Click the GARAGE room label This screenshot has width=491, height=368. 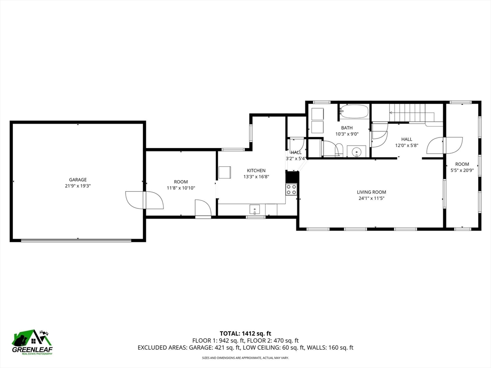point(78,180)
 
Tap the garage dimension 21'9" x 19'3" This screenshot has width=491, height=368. point(78,186)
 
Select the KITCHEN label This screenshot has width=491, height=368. point(256,171)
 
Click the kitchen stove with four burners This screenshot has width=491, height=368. point(291,189)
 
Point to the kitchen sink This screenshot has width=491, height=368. point(255,209)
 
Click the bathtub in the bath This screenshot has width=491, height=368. point(354,111)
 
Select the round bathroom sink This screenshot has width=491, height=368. point(356,152)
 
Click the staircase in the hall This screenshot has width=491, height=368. point(412,113)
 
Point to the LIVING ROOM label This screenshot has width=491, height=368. point(372,192)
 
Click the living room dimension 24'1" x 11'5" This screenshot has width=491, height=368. point(372,198)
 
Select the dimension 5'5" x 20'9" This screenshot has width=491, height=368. point(462,171)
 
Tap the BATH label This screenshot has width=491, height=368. point(347,127)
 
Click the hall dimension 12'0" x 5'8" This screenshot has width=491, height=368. point(407,146)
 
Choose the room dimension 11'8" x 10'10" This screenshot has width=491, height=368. point(181,188)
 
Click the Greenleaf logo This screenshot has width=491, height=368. point(32,342)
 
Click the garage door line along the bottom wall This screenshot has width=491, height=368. point(76,241)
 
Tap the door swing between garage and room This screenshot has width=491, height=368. point(144,200)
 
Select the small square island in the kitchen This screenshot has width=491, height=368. point(225,172)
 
